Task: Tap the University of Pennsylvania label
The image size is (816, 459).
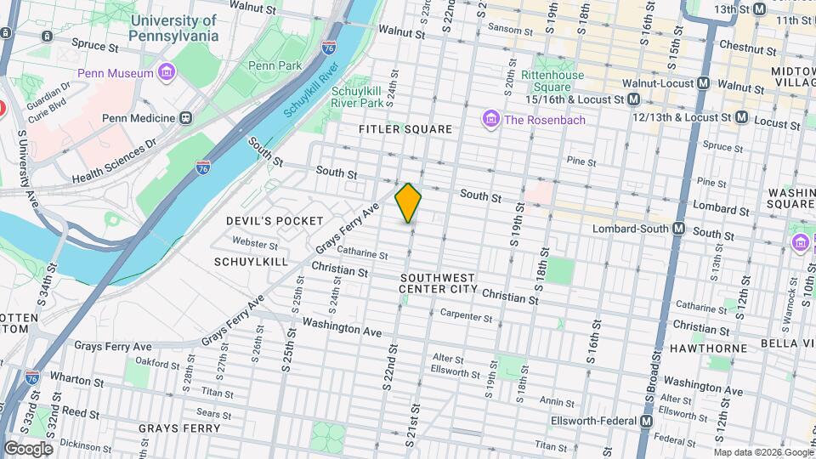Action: click(x=173, y=28)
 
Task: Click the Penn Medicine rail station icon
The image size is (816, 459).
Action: click(x=185, y=118)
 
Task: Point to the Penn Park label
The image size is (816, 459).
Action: click(x=270, y=65)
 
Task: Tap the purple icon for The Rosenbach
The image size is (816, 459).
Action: click(x=490, y=120)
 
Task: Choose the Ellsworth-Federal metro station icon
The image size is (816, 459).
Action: click(x=647, y=421)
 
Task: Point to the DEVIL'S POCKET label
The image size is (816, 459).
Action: click(x=275, y=221)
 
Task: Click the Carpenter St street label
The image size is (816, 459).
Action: click(x=467, y=315)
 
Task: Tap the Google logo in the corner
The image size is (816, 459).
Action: click(x=28, y=449)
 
